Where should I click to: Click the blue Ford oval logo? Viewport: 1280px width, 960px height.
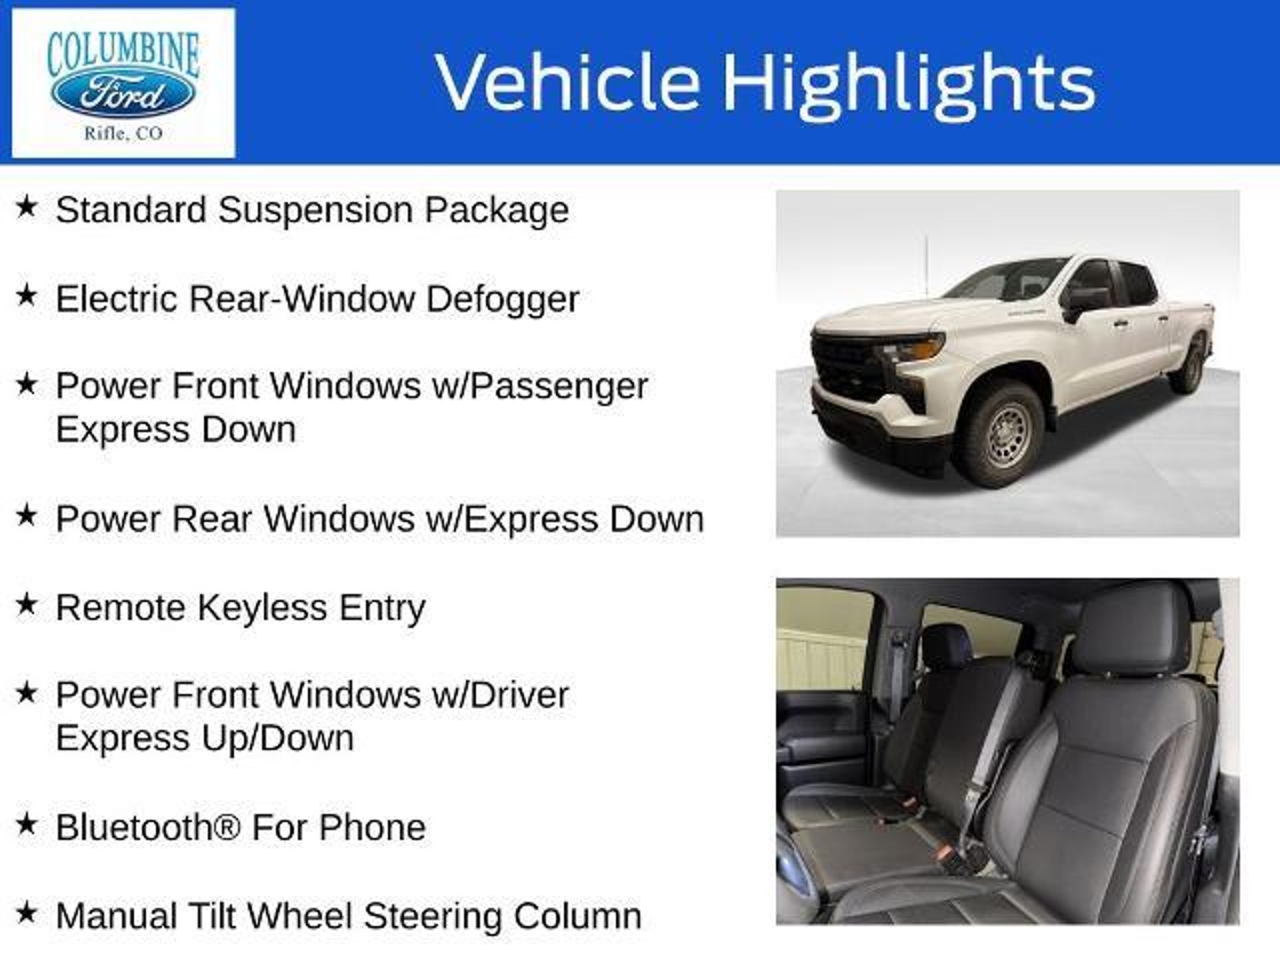click(x=123, y=96)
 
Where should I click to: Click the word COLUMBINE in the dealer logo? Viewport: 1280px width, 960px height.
click(x=123, y=54)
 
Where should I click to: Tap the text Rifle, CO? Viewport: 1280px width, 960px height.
click(x=123, y=132)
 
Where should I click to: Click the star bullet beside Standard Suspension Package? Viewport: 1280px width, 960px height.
click(x=26, y=207)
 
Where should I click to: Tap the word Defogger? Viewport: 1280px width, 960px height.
click(x=502, y=299)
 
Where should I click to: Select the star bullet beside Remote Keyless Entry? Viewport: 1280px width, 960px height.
click(x=26, y=604)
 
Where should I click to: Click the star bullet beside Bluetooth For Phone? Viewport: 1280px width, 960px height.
click(x=26, y=824)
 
